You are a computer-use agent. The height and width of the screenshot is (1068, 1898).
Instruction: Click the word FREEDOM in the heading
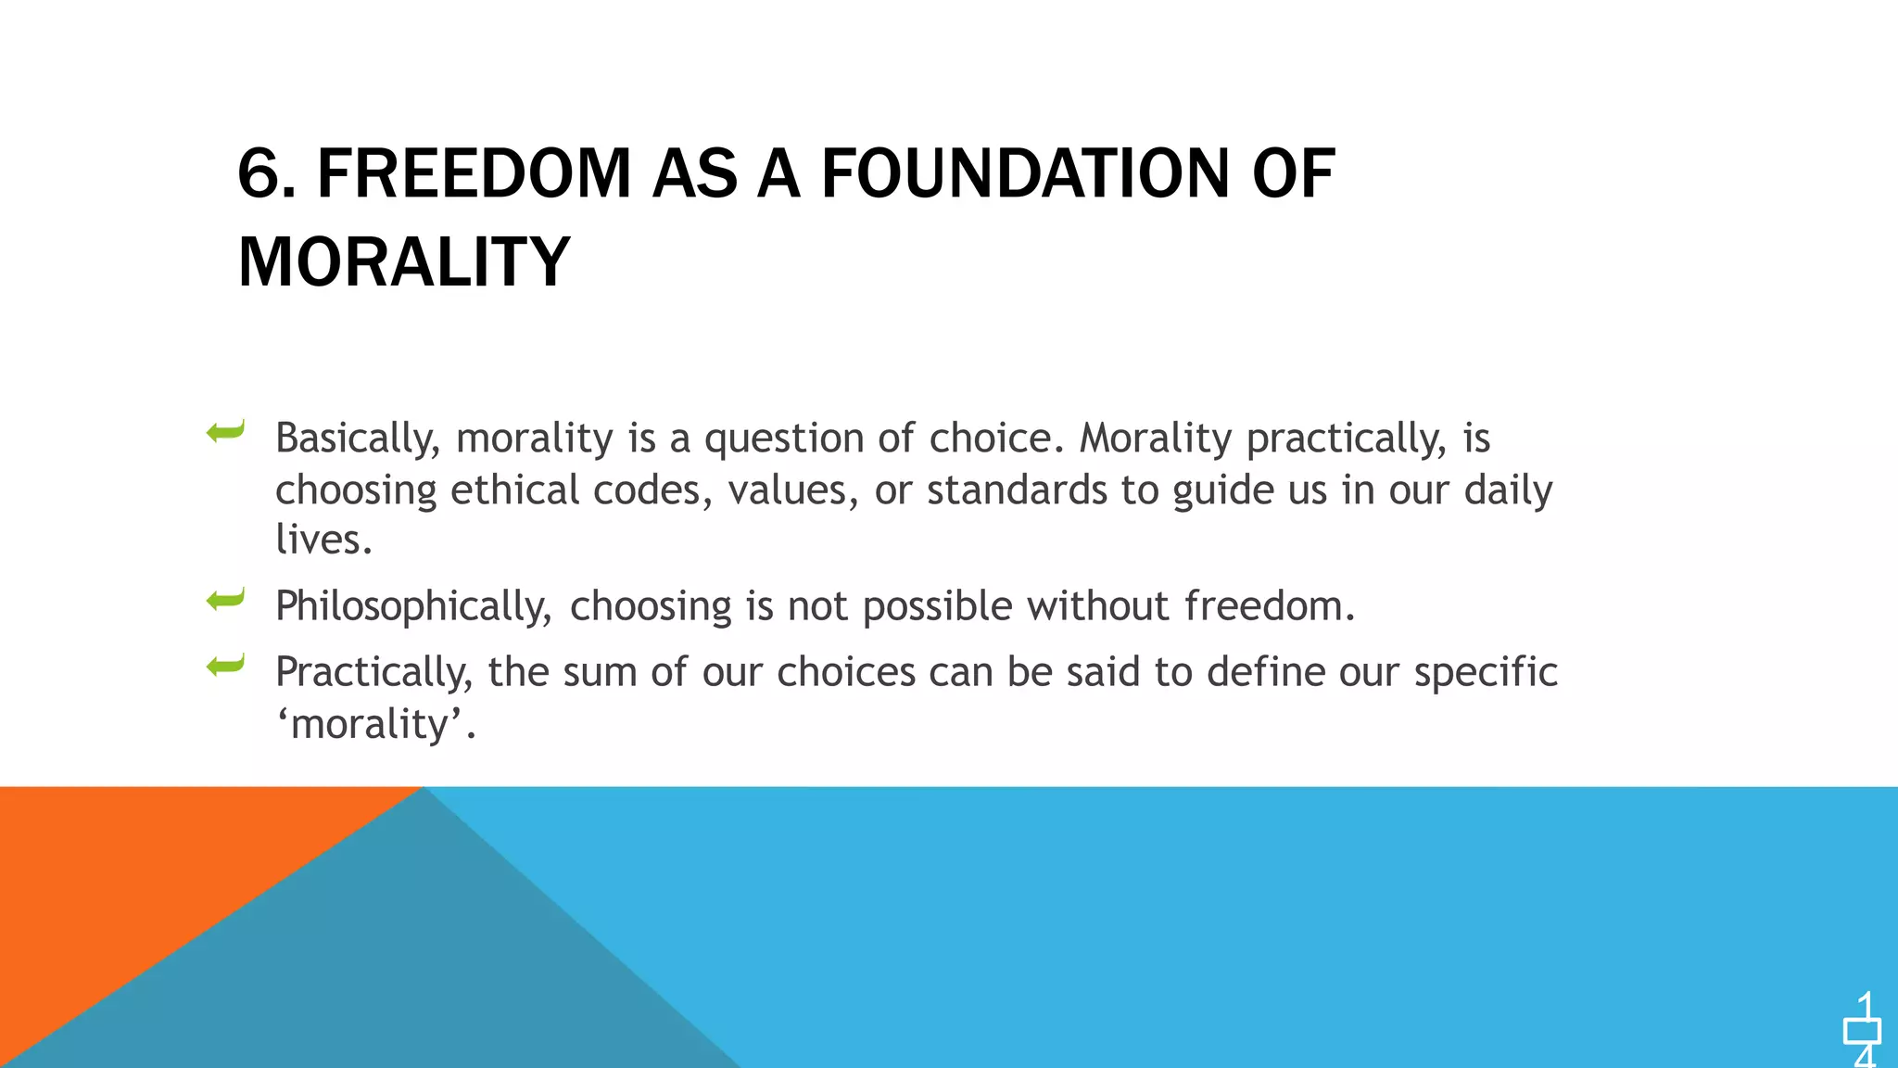point(474,174)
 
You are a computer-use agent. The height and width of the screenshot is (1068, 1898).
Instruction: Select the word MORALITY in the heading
point(404,262)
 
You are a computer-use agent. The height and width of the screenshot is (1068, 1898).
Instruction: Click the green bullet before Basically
point(225,431)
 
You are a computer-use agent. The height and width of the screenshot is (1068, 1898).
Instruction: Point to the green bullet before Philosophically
point(225,600)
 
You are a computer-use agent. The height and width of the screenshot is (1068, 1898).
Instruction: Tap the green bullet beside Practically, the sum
point(225,665)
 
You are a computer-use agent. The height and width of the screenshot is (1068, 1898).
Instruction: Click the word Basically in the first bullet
point(358,439)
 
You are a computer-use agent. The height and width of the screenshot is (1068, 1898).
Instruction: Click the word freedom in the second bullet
point(1269,606)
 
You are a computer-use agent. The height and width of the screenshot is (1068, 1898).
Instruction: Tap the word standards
point(1017,490)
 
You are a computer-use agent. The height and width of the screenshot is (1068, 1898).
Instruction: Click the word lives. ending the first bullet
point(323,540)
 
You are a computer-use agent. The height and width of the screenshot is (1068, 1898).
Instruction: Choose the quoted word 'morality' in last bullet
point(375,724)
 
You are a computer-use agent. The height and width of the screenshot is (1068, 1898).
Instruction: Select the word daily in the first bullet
point(1508,490)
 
